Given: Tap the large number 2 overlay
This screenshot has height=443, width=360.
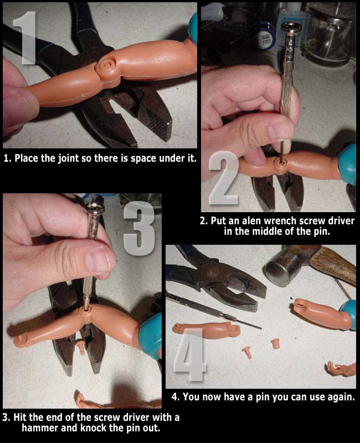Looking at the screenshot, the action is [x=224, y=177].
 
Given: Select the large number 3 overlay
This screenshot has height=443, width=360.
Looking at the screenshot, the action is [x=139, y=228].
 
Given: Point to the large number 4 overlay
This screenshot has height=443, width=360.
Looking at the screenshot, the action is [x=189, y=354].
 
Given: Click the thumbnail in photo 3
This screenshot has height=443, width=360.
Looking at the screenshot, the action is [x=98, y=262].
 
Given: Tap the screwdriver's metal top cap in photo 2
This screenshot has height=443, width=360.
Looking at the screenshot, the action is [x=292, y=27].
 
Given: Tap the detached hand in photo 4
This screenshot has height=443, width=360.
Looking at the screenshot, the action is [x=341, y=368].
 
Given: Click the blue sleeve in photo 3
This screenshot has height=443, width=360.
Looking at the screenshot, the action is [x=150, y=336].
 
